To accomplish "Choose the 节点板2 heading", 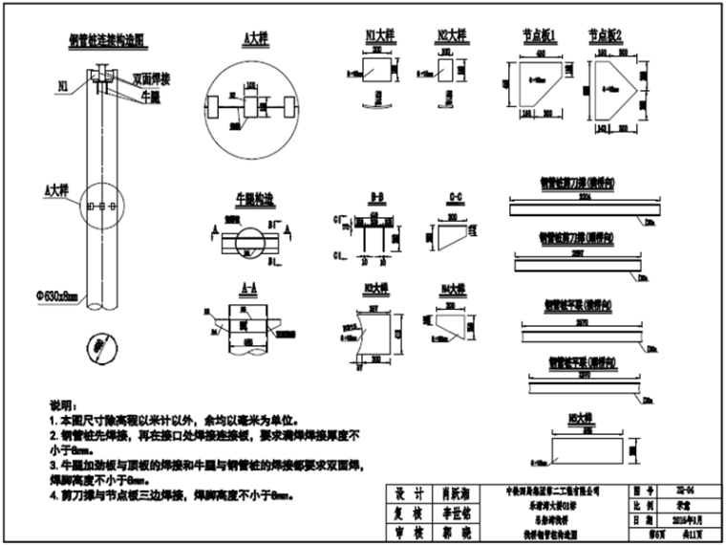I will (x=606, y=35).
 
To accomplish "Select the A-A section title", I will (x=250, y=286).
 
